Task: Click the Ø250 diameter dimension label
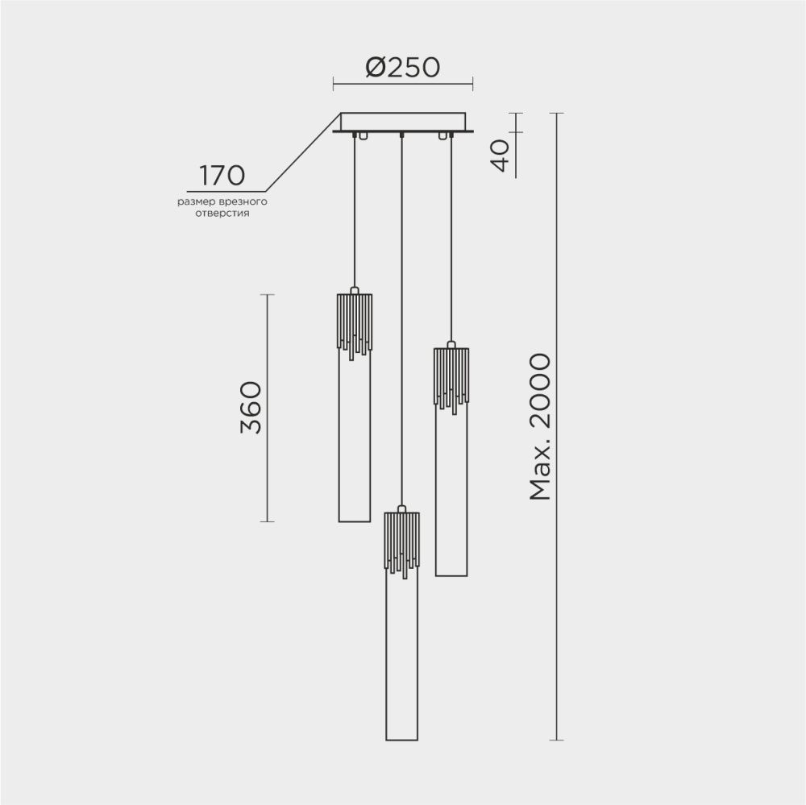(x=402, y=68)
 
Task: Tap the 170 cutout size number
(x=222, y=174)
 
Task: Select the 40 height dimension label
(x=501, y=156)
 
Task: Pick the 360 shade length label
(x=251, y=408)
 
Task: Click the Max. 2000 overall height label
(x=539, y=426)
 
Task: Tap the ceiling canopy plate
(x=403, y=122)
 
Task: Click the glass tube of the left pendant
(x=355, y=451)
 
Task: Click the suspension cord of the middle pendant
(x=401, y=322)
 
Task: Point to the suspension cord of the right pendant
(x=451, y=242)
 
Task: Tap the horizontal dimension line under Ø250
(x=403, y=82)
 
